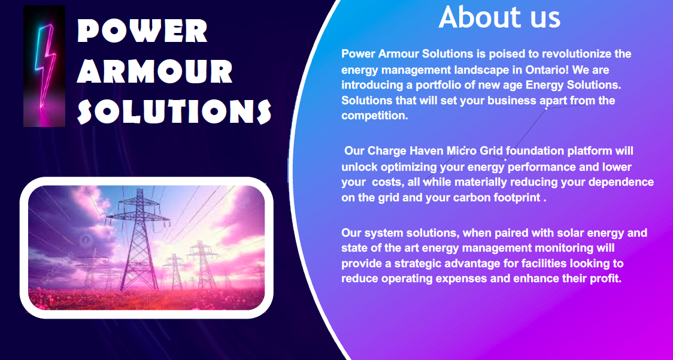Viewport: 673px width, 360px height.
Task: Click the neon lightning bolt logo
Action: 44,66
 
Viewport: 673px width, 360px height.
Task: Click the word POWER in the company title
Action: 143,31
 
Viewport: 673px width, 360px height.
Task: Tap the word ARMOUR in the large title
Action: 155,71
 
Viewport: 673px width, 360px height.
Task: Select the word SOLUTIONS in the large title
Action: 174,111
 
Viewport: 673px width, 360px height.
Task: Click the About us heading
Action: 499,17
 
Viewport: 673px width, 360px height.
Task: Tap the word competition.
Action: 375,116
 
